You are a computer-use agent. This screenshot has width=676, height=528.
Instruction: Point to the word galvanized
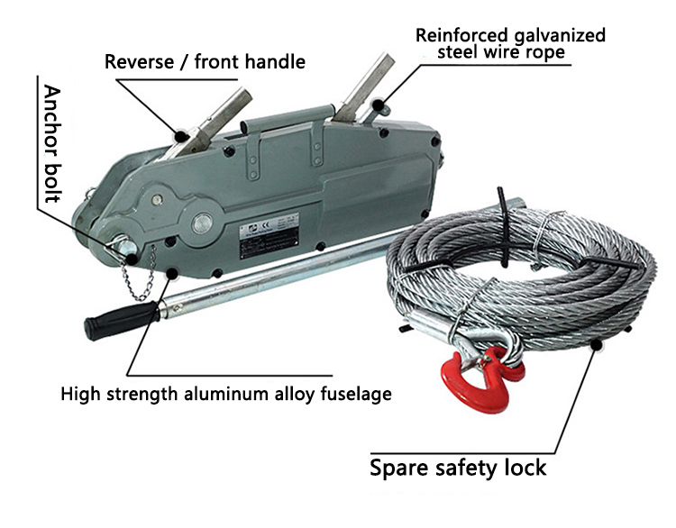click(x=558, y=35)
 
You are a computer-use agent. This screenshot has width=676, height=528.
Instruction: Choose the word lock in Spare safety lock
click(x=521, y=468)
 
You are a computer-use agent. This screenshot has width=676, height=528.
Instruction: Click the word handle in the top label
click(x=275, y=62)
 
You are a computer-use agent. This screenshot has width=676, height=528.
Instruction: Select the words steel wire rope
click(x=502, y=54)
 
